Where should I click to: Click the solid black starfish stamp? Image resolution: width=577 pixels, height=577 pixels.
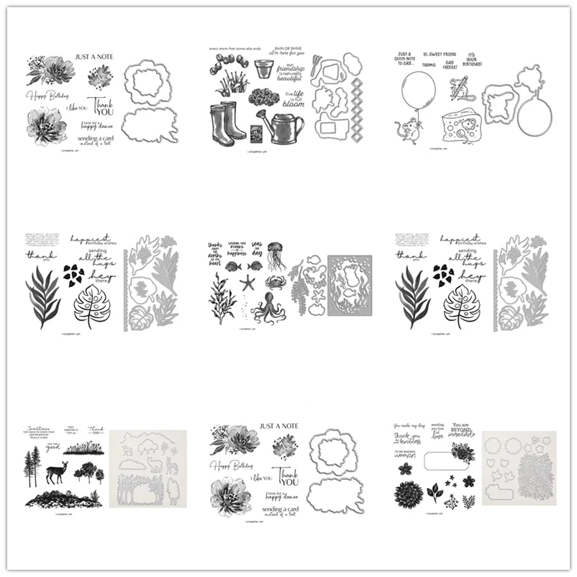point(248,283)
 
